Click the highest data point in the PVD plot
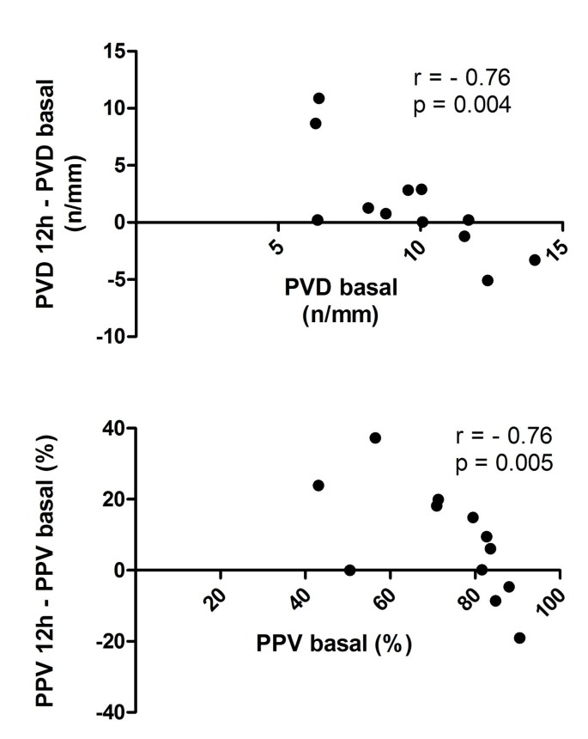pos(318,98)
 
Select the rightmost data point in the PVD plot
pos(535,260)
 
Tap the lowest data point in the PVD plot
pos(488,280)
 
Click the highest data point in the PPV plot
pos(375,437)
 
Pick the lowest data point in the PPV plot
pos(519,638)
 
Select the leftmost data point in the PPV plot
pos(318,486)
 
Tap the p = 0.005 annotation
pos(504,463)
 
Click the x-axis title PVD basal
pos(341,289)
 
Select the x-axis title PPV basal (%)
pos(334,643)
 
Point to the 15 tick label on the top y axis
pos(112,52)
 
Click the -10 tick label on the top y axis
pos(109,336)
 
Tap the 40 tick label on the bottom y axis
pos(112,428)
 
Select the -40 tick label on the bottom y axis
pos(109,712)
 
